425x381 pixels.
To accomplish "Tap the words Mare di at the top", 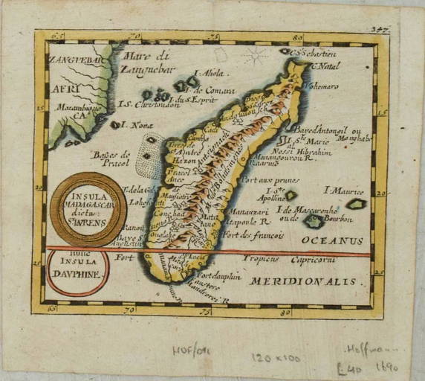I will (147, 54).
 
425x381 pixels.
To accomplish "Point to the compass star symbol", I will (257, 56).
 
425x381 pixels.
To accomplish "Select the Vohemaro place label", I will (321, 87).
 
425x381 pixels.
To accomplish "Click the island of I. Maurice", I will (357, 204).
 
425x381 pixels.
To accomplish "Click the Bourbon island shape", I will (314, 221).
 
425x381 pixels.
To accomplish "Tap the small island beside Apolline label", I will (291, 196).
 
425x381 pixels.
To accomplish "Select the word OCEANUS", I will (332, 240).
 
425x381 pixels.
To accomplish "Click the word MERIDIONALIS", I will (302, 281).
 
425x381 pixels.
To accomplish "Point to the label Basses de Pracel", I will (111, 159).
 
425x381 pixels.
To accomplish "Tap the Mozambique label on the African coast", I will (74, 112).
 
